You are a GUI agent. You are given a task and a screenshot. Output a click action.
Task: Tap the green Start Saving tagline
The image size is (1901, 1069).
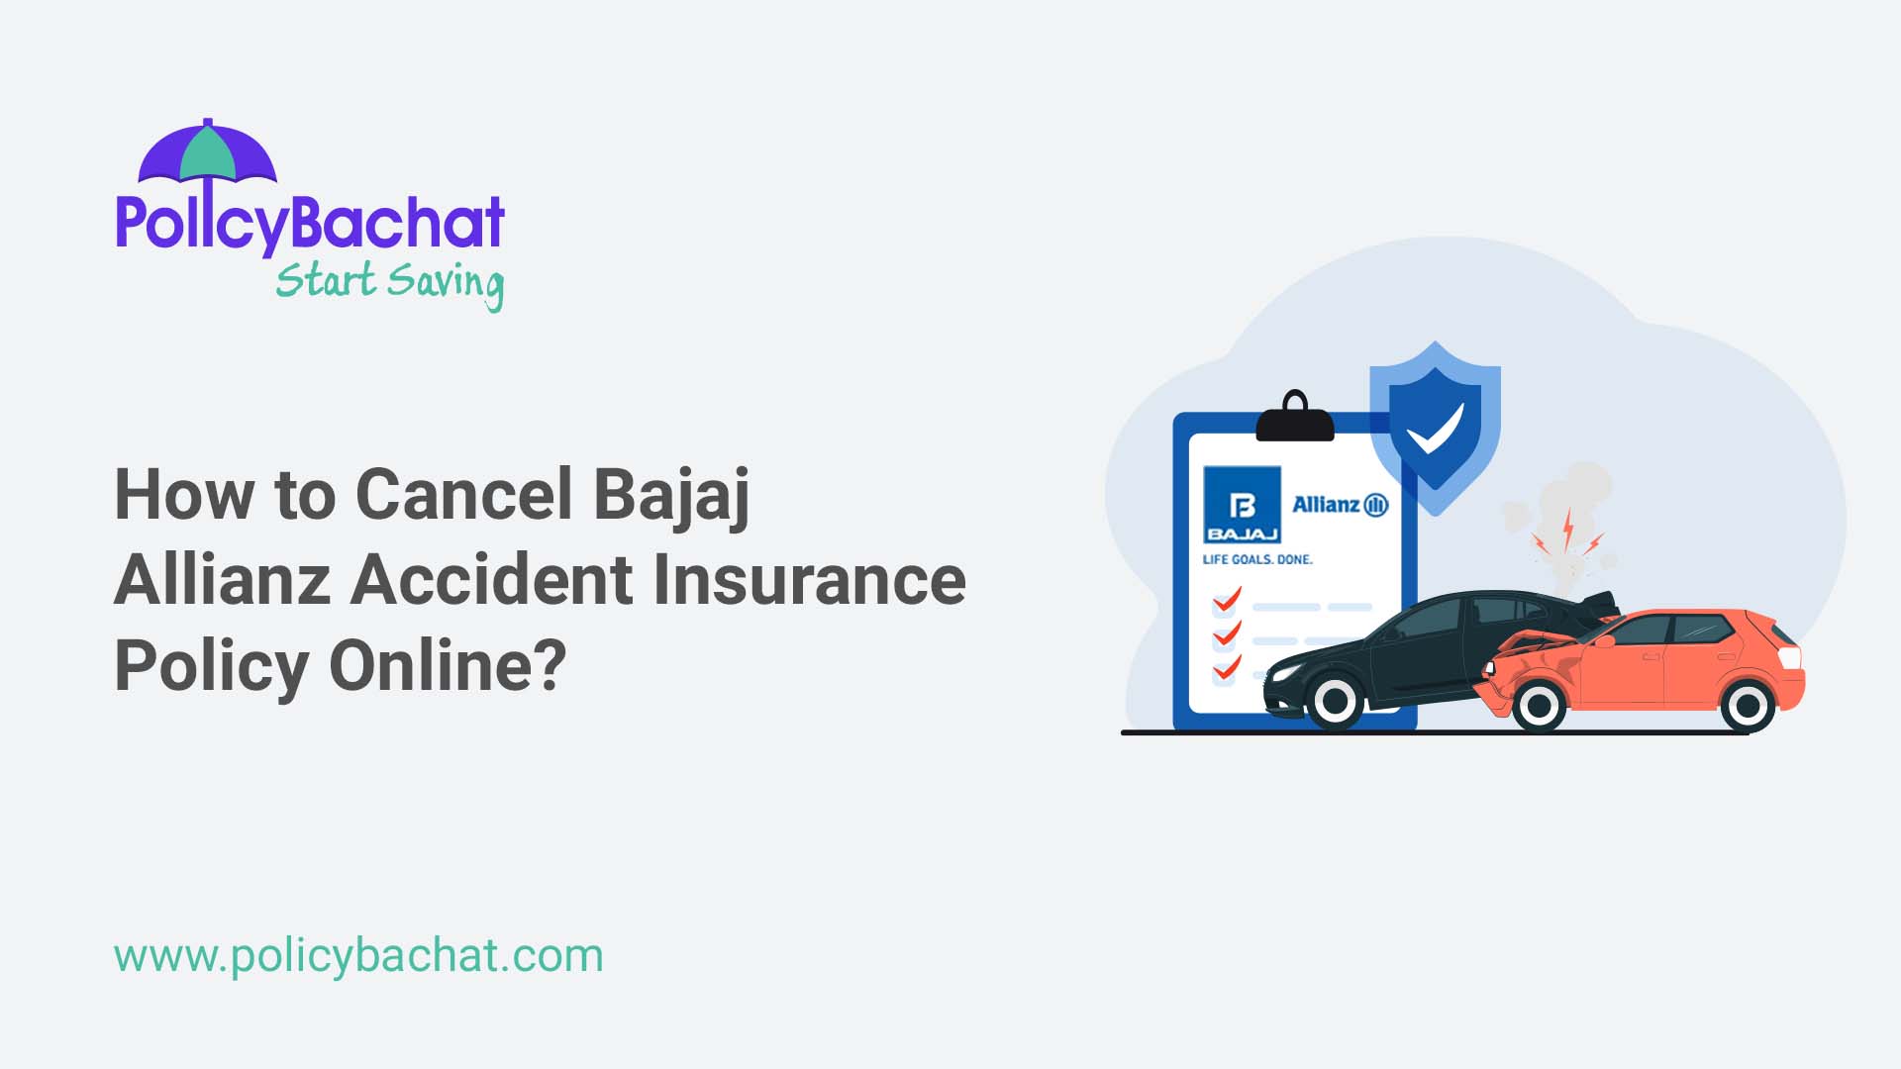pos(389,283)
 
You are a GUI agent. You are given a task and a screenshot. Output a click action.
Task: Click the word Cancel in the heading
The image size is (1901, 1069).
pos(463,494)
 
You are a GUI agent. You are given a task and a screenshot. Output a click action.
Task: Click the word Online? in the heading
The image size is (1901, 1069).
pos(448,665)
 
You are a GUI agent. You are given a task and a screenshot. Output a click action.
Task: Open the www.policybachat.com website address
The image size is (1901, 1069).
pos(358,955)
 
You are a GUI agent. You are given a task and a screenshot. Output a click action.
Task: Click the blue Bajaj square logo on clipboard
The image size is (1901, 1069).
pos(1242,505)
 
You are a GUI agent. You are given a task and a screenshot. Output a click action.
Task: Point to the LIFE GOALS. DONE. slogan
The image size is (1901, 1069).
pos(1256,559)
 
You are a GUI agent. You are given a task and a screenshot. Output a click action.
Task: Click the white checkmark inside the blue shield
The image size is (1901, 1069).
pos(1435,428)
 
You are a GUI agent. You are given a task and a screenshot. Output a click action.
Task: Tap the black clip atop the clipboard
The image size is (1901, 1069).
pos(1294,418)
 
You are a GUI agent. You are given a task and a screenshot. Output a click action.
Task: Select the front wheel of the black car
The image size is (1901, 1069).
pos(1335,702)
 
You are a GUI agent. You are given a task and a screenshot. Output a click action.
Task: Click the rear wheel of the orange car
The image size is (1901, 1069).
pos(1747,705)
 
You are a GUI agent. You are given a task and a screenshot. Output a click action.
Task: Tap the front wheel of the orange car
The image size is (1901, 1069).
pos(1539,705)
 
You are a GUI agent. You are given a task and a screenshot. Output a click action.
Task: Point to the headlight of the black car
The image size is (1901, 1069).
pos(1284,672)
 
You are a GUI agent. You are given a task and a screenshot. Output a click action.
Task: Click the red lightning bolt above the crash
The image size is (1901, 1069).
pos(1567,530)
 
